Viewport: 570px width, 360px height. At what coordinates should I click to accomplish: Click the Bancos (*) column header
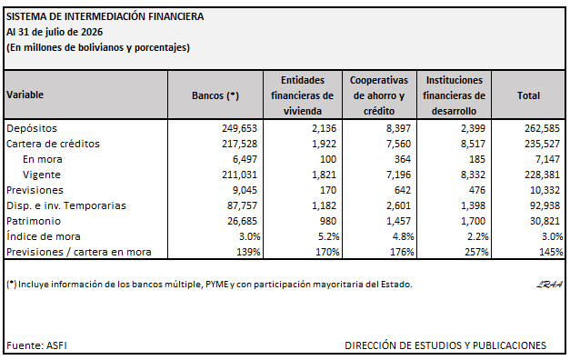[215, 95]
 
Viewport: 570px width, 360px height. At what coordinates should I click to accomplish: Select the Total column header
[528, 95]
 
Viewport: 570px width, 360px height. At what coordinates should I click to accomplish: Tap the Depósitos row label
[32, 128]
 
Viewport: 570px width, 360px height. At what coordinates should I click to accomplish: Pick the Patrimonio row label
[34, 221]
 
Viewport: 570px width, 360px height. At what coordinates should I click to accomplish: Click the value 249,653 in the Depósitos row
[240, 128]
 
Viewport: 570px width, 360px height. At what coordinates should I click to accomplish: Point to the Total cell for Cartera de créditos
[542, 144]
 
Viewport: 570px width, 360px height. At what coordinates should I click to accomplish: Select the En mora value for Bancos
[245, 159]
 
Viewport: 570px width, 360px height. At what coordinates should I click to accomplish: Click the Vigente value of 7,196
[398, 175]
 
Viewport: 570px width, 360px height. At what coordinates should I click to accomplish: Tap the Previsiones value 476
[477, 190]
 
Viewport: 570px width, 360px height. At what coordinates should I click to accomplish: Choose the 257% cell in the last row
[476, 252]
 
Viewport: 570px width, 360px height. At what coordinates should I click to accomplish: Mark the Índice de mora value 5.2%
[328, 236]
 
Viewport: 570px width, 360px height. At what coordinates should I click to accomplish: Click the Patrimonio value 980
[328, 221]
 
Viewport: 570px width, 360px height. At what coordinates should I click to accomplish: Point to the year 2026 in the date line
[92, 32]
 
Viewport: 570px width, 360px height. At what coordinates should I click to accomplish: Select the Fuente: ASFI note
[36, 345]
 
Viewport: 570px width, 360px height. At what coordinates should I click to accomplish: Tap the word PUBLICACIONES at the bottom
[509, 345]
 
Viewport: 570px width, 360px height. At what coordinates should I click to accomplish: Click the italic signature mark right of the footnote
[549, 285]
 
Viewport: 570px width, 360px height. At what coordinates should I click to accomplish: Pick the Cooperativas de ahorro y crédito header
[379, 95]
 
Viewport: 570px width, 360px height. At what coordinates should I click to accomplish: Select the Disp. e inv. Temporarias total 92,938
[545, 205]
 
